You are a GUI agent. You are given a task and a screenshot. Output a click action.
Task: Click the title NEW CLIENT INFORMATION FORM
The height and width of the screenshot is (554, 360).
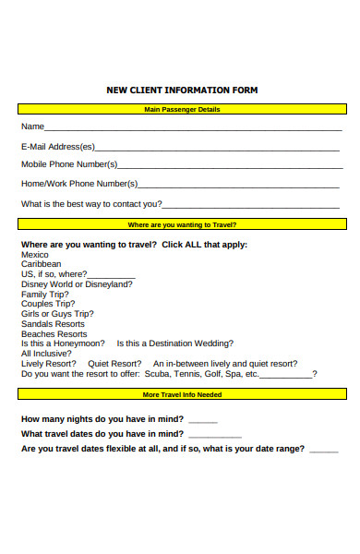pos(182,90)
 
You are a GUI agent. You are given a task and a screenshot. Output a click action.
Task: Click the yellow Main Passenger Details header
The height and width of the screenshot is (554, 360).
pos(182,110)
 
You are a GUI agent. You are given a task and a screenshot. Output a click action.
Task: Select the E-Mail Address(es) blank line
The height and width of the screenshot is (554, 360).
pos(217,148)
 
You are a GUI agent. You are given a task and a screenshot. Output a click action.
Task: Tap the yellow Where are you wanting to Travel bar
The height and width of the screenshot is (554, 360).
pos(182,224)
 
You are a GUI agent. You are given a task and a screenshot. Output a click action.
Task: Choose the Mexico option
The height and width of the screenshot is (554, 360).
pos(35,254)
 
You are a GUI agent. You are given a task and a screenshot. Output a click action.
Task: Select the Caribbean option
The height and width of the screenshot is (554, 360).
pos(42,264)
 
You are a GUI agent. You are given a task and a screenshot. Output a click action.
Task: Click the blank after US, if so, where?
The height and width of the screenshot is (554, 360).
pos(112,275)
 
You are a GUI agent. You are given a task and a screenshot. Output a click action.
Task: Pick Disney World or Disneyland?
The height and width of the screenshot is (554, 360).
pos(77,284)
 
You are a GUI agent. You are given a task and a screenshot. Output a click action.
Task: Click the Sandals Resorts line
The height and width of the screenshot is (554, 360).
pos(53,324)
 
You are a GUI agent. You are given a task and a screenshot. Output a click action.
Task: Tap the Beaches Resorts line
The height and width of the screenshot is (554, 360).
pos(54,334)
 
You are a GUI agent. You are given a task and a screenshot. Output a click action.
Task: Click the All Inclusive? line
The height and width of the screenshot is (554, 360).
pos(45,354)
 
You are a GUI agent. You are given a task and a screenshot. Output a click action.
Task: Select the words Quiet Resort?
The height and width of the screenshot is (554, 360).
pos(114,364)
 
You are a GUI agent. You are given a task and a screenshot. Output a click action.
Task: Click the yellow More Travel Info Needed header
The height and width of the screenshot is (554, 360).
pos(182,394)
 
